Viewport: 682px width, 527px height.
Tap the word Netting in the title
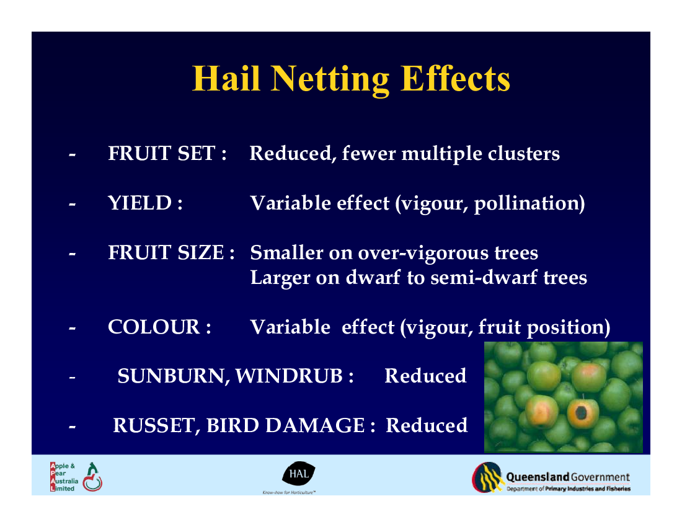(x=330, y=79)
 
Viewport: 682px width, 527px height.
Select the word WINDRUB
(x=289, y=376)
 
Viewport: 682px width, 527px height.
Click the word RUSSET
(x=154, y=426)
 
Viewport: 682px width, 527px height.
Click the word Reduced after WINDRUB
(x=425, y=376)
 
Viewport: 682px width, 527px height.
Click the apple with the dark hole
(x=581, y=413)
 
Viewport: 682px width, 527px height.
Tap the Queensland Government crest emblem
(x=487, y=477)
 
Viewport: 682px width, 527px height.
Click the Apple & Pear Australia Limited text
(x=64, y=477)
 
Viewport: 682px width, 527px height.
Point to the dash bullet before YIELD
(x=72, y=203)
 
